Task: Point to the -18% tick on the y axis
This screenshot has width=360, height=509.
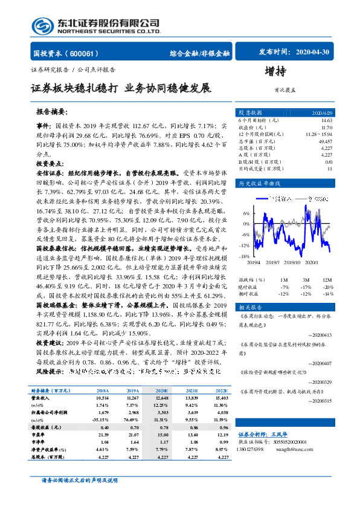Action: (x=245, y=256)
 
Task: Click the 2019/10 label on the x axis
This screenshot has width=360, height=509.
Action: (x=292, y=263)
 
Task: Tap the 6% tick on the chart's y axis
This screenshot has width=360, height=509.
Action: (x=246, y=213)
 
